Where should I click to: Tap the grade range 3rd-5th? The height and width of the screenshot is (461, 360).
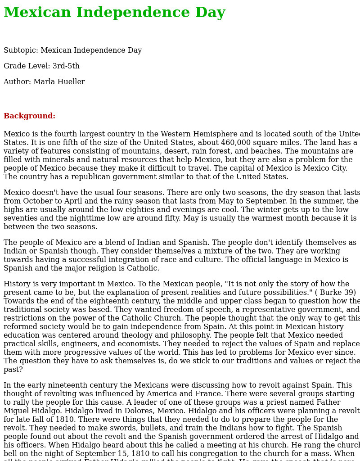tap(66, 66)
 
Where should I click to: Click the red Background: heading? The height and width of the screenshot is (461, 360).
tap(29, 116)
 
